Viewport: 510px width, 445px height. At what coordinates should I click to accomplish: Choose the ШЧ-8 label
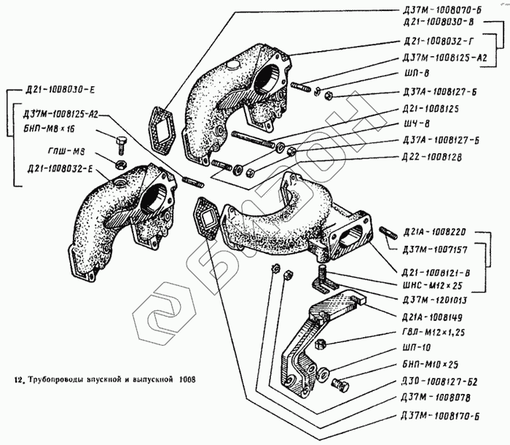point(412,123)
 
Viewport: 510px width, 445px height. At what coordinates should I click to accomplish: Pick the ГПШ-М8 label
point(55,154)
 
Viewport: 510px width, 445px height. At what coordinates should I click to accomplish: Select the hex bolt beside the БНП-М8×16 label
point(122,140)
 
